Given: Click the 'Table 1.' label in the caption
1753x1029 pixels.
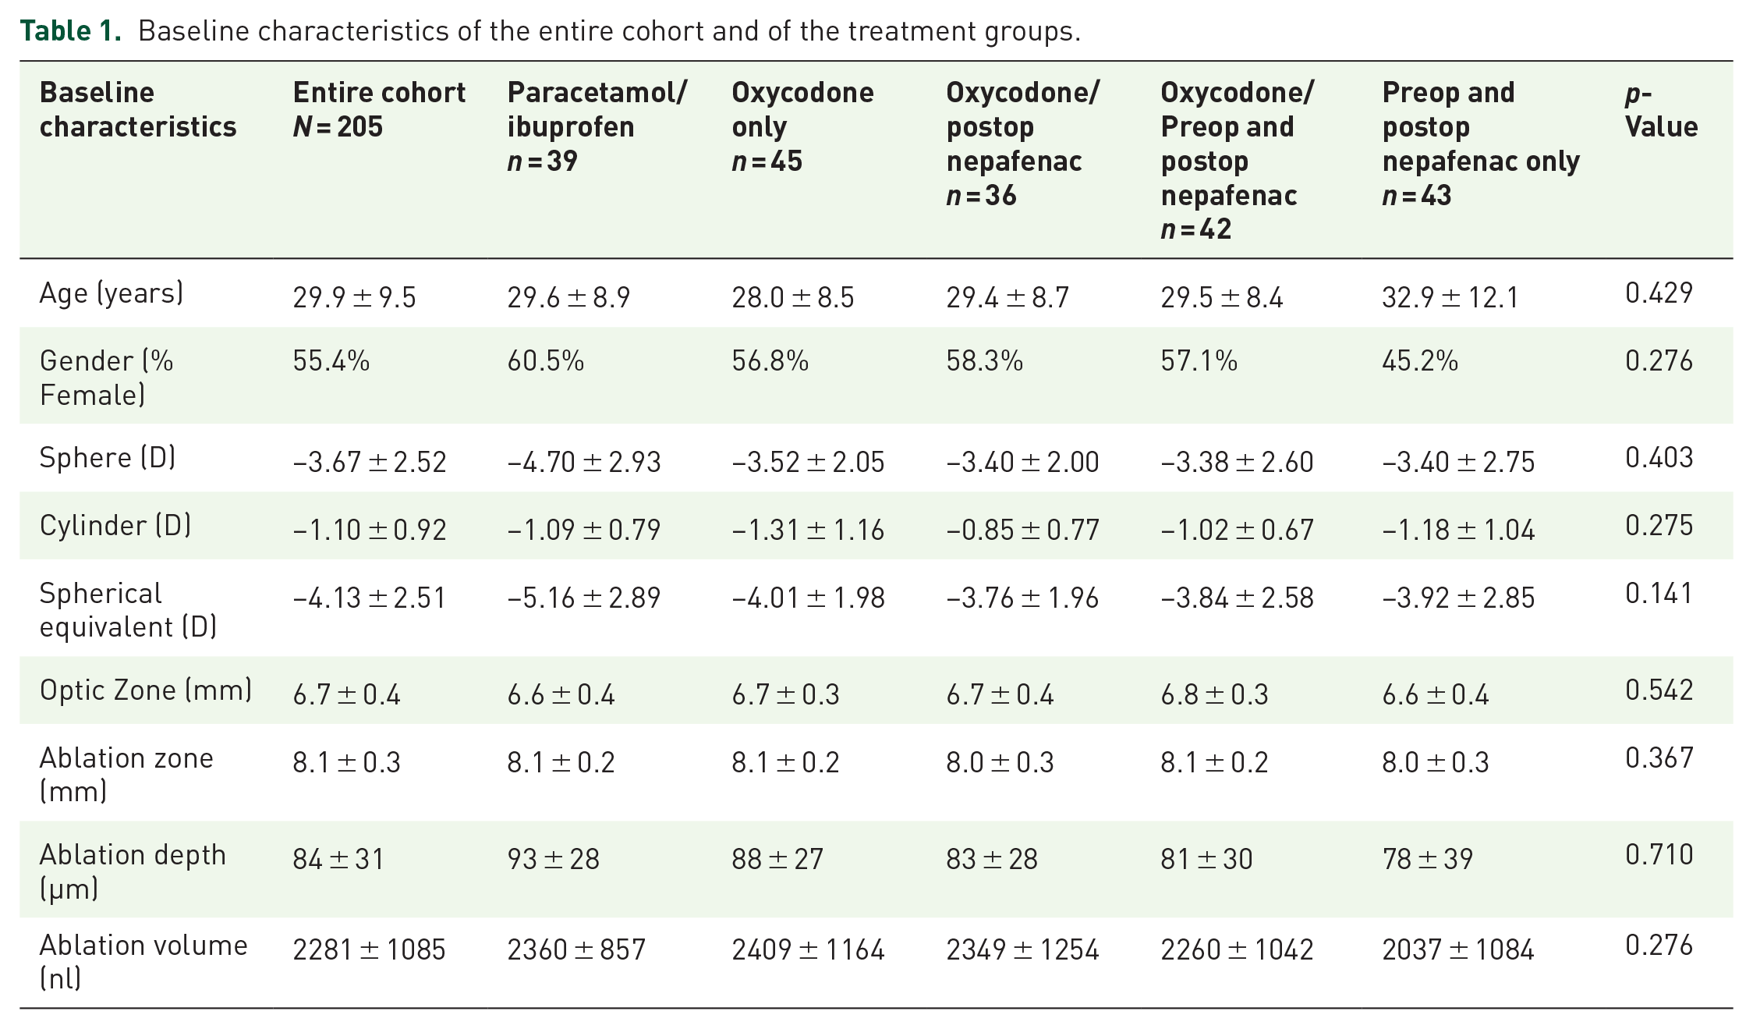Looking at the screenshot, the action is [x=70, y=31].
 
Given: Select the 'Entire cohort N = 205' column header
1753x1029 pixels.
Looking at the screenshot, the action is [x=379, y=109].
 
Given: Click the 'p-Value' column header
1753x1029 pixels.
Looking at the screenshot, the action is [x=1661, y=109].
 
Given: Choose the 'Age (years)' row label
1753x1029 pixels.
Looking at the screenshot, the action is [x=112, y=293].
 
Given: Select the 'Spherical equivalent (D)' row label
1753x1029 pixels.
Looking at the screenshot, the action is [x=128, y=610].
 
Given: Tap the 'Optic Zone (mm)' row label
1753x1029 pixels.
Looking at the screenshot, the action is [x=146, y=690].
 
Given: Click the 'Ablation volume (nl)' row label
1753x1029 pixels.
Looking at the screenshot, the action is [x=143, y=961].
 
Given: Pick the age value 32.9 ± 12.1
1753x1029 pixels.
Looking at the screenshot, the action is [x=1450, y=297].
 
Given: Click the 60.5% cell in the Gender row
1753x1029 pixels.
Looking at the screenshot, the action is [x=545, y=360].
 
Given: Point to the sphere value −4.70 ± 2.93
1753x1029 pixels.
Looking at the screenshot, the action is [x=583, y=462].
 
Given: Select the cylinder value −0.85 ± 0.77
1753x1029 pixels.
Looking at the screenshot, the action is [x=1022, y=530].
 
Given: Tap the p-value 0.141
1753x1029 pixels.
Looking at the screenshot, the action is [x=1659, y=594].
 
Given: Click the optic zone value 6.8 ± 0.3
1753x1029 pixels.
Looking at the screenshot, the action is [x=1214, y=694].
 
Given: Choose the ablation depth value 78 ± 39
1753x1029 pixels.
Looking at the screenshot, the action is [x=1427, y=859].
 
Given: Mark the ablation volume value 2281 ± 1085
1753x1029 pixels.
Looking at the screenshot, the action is [x=369, y=949].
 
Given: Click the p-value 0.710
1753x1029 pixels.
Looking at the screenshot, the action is [x=1659, y=855].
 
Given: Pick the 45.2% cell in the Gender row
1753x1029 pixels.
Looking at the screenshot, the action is [x=1420, y=360].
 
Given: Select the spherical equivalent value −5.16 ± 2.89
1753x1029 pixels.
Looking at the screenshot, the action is [x=583, y=598].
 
